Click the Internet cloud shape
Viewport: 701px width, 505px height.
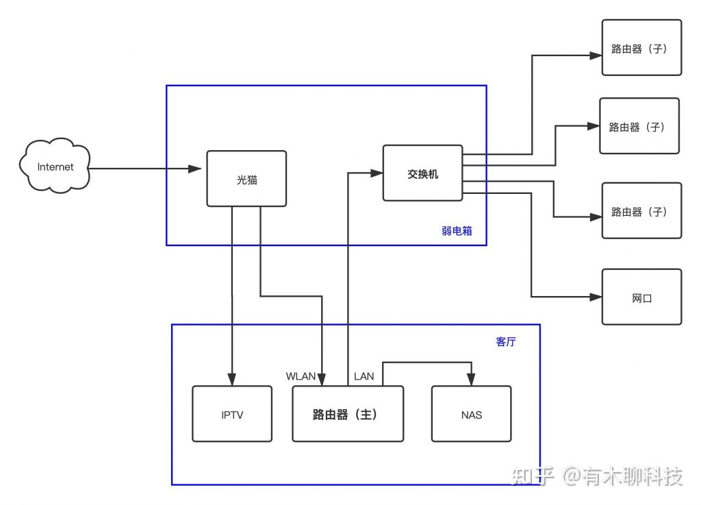pos(55,167)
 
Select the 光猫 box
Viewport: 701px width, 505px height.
pos(246,178)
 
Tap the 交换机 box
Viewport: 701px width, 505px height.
pos(422,173)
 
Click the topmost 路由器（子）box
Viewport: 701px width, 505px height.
pos(641,47)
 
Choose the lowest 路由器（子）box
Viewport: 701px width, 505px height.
pos(641,210)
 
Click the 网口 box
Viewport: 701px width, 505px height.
pos(641,297)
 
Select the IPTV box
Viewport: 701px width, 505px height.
pos(232,413)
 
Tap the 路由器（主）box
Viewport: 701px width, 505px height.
pos(348,413)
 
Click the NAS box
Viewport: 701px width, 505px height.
pos(471,413)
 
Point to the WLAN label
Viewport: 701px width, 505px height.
pos(301,375)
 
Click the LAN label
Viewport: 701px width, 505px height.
pos(364,375)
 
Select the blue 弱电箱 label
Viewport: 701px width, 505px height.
pos(457,231)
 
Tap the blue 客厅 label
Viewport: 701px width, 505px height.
pos(505,341)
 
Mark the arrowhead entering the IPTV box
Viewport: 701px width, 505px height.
pos(232,379)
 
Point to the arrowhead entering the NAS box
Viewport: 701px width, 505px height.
pos(471,380)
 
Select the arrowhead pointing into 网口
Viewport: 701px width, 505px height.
pos(595,297)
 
